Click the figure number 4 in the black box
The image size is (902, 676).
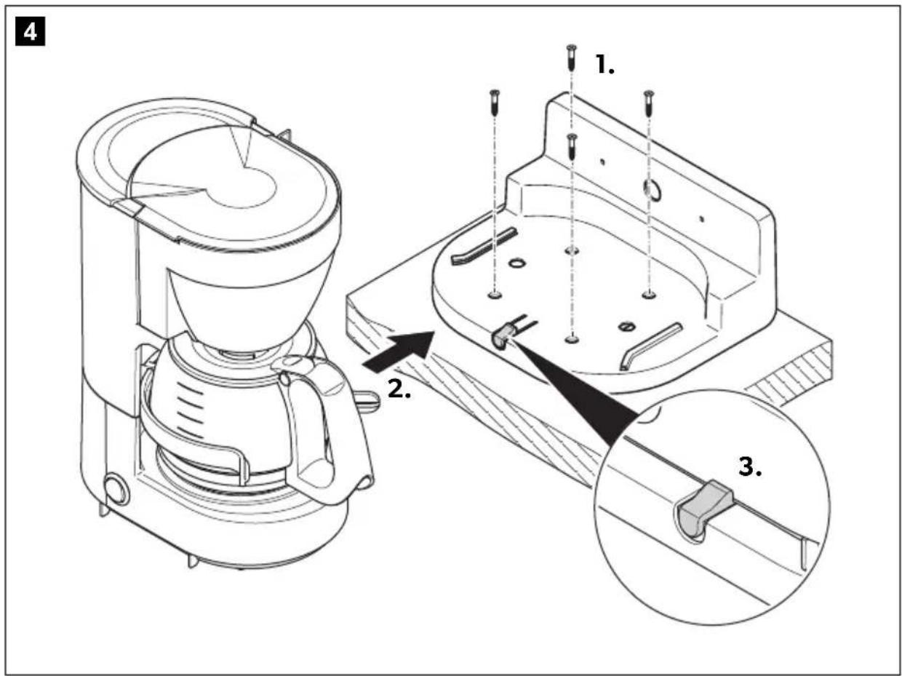click(x=31, y=33)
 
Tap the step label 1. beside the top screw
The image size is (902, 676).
click(x=605, y=66)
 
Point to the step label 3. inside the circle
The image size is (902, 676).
click(x=751, y=467)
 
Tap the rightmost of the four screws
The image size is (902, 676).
click(x=648, y=101)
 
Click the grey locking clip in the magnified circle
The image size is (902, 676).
click(x=702, y=509)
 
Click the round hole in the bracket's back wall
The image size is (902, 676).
click(x=652, y=190)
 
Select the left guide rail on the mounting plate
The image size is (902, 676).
click(x=484, y=245)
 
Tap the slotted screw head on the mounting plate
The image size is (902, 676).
click(x=626, y=325)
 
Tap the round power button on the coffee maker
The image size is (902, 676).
click(x=114, y=490)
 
